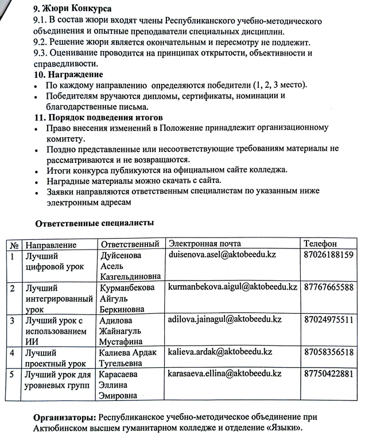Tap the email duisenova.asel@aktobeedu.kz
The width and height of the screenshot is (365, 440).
pos(224,254)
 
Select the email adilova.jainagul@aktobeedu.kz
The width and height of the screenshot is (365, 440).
pos(224,320)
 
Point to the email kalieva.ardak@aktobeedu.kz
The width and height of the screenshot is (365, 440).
pos(220,352)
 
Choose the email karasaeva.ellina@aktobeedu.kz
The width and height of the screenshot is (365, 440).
pos(224,373)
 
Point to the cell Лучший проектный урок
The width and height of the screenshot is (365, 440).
pos(54,357)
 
